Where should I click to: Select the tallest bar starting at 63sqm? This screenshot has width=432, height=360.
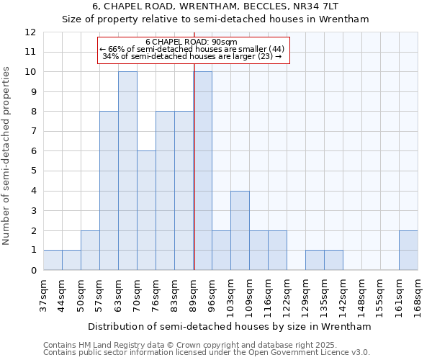click(x=127, y=171)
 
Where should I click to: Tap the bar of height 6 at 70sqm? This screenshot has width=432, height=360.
click(x=146, y=210)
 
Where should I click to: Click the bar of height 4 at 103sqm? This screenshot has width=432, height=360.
click(x=240, y=230)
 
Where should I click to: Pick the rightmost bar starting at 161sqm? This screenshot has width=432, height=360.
click(x=408, y=250)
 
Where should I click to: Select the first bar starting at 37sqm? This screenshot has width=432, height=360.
click(x=53, y=260)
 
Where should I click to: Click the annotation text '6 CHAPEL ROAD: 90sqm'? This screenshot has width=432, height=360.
click(x=192, y=42)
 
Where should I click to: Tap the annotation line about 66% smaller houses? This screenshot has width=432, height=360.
click(x=192, y=49)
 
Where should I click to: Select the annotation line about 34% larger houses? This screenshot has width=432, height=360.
click(x=192, y=56)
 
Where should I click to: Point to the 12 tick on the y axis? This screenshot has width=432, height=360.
click(x=30, y=32)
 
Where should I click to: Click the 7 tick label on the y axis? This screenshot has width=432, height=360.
click(x=30, y=132)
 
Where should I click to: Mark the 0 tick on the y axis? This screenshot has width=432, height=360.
click(x=30, y=270)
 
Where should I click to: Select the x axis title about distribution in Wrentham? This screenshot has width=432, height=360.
click(x=230, y=326)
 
